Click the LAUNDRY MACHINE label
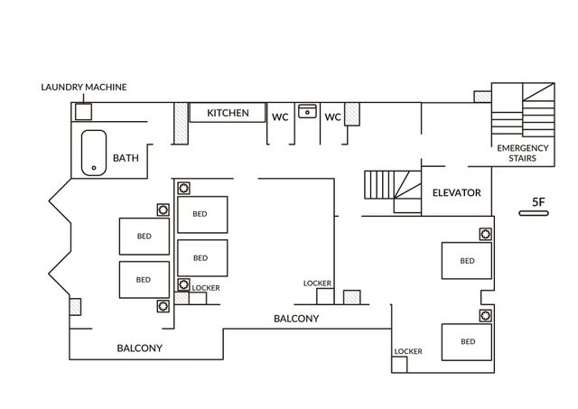pyautogui.click(x=84, y=88)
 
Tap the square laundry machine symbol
pyautogui.click(x=83, y=112)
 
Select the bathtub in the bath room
pyautogui.click(x=94, y=153)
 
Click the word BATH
pyautogui.click(x=126, y=158)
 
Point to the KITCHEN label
pyautogui.click(x=228, y=113)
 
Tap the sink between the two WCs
pyautogui.click(x=307, y=111)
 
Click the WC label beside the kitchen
pyautogui.click(x=280, y=117)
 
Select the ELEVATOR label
pyautogui.click(x=457, y=192)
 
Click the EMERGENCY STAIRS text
pyautogui.click(x=523, y=153)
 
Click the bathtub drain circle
pyautogui.click(x=94, y=168)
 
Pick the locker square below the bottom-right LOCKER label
pyautogui.click(x=399, y=365)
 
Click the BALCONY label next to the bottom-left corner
pyautogui.click(x=140, y=349)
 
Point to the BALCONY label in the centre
pyautogui.click(x=296, y=319)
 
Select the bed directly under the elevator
pyautogui.click(x=467, y=261)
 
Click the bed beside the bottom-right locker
pyautogui.click(x=467, y=342)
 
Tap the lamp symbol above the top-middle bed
pyautogui.click(x=184, y=189)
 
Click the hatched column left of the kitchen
pyautogui.click(x=181, y=124)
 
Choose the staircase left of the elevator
pyautogui.click(x=393, y=191)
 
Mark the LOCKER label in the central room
pyautogui.click(x=317, y=284)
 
